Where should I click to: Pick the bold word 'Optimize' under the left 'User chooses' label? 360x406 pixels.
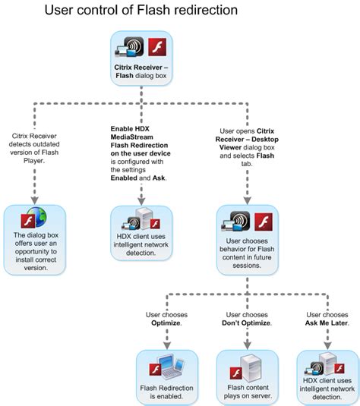(x=166, y=323)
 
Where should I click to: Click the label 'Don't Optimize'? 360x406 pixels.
(x=245, y=323)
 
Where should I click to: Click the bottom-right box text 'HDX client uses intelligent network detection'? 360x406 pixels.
(x=326, y=390)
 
